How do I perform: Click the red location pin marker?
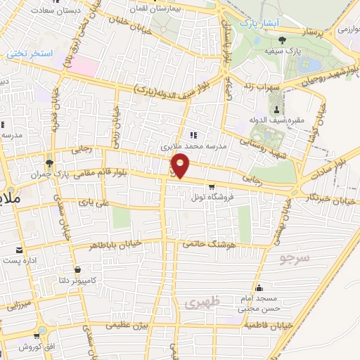click(181, 166)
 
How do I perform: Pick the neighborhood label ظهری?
click(205, 302)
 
